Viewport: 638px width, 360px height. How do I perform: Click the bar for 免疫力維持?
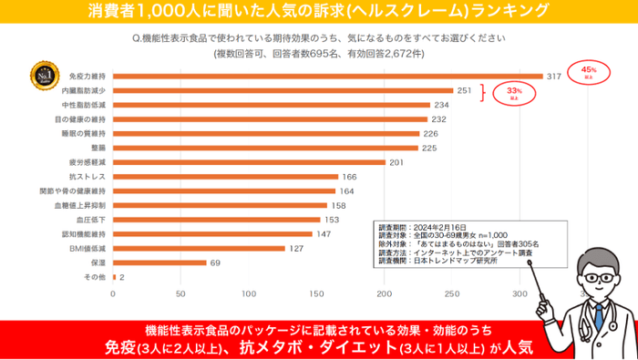328,77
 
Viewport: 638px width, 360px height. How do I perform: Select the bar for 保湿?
159,262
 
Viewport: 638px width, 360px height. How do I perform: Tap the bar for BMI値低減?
199,248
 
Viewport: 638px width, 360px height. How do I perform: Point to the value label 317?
552,77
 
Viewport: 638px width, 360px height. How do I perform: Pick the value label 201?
396,162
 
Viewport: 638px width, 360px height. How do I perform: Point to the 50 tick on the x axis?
180,294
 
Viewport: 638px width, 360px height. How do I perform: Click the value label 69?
216,262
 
